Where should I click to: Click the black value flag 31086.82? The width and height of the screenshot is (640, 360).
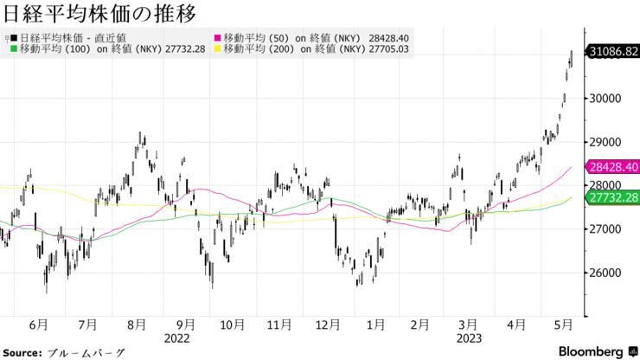(x=613, y=52)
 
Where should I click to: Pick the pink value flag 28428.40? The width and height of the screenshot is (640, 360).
(x=613, y=167)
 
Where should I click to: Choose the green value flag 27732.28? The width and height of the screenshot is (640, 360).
(x=613, y=198)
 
